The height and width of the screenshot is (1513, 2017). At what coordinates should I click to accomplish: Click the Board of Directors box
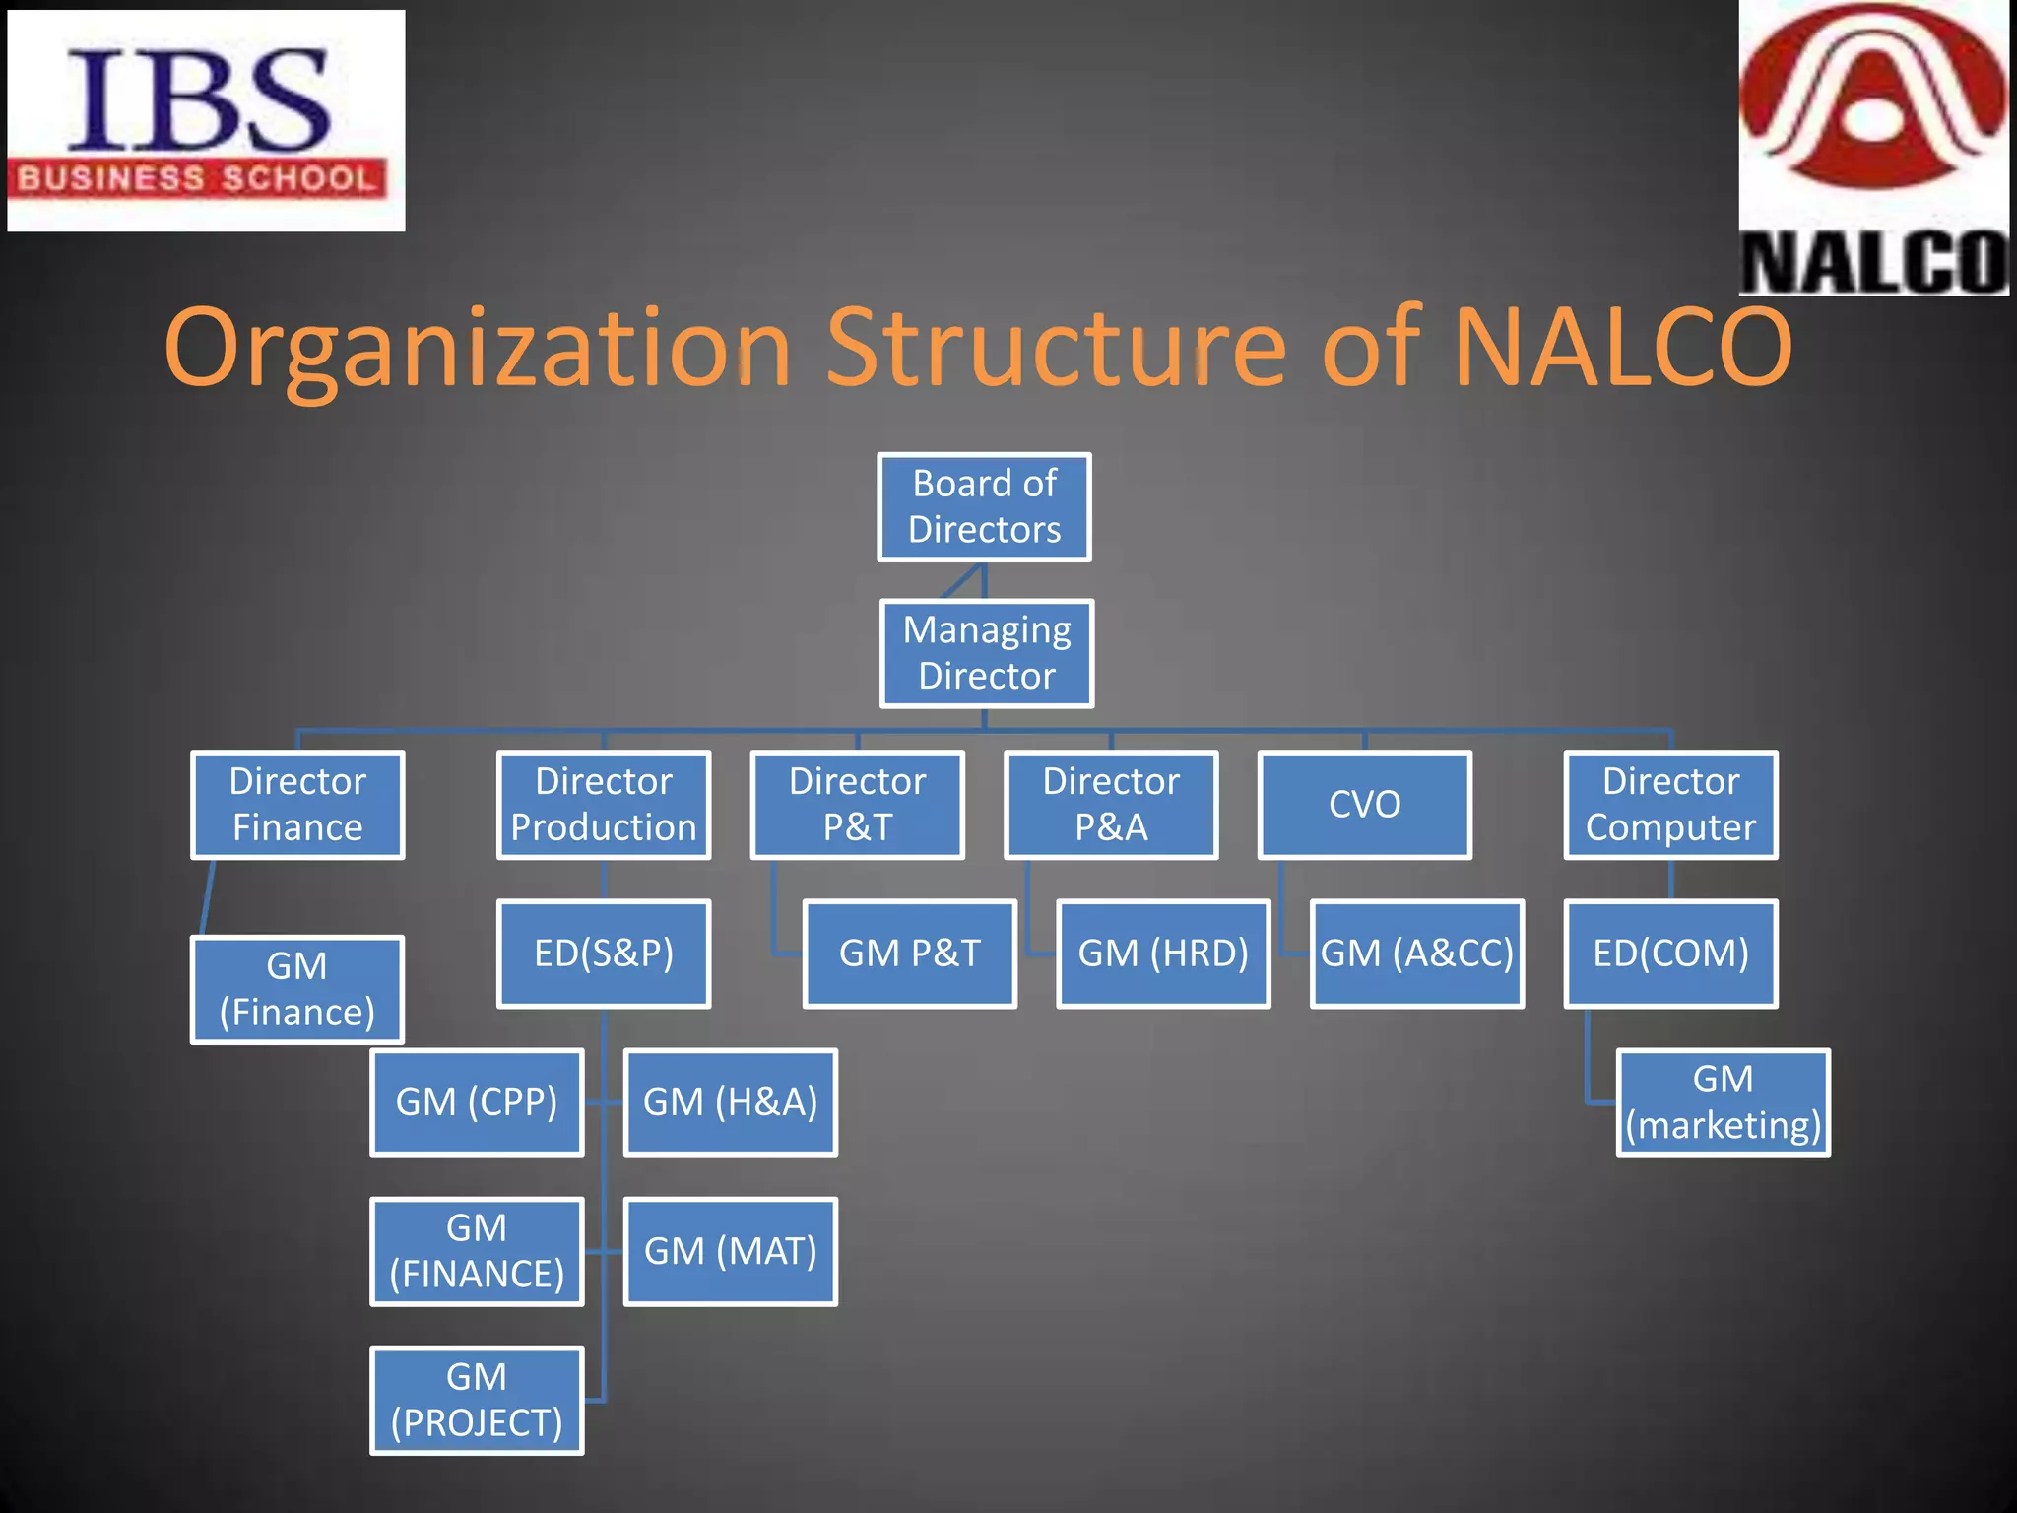(x=984, y=507)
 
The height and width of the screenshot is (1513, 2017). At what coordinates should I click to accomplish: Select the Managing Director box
(x=986, y=653)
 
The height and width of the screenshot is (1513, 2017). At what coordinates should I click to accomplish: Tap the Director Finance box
(x=297, y=805)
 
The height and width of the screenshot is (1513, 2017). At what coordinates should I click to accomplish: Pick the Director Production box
(x=604, y=805)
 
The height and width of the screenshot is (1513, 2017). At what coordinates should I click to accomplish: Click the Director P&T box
(x=857, y=805)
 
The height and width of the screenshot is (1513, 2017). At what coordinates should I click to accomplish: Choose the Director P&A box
(x=1111, y=805)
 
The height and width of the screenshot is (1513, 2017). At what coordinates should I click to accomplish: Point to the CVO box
(x=1364, y=805)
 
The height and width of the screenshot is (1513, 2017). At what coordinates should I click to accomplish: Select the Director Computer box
(x=1670, y=805)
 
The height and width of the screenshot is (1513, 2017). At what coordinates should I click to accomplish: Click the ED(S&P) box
(x=604, y=954)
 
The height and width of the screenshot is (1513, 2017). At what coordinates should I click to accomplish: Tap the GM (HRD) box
(x=1163, y=954)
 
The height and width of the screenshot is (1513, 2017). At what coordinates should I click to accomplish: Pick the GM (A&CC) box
(x=1416, y=954)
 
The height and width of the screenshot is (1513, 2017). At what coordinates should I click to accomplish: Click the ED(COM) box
(x=1670, y=954)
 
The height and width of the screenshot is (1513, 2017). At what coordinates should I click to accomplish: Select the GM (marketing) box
(x=1723, y=1102)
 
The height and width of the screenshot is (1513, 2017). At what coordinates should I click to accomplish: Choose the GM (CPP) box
(x=477, y=1102)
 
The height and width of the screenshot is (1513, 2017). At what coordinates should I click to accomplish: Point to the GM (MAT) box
(x=730, y=1251)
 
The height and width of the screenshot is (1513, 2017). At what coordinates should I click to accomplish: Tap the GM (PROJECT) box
(x=477, y=1400)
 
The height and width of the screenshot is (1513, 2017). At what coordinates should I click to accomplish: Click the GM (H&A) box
(x=730, y=1102)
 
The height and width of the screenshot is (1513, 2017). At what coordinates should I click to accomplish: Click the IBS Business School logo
(x=206, y=120)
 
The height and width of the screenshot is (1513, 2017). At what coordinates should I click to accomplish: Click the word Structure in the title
(x=1056, y=347)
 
